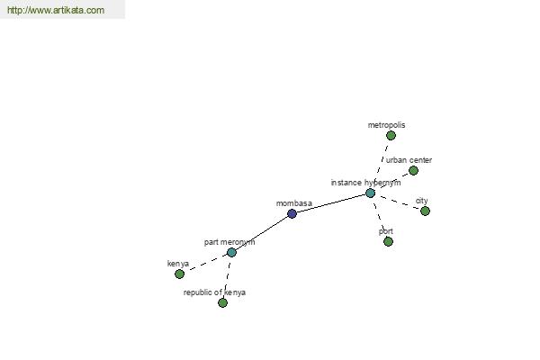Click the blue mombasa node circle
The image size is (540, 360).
(x=292, y=214)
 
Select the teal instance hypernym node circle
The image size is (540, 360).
(x=370, y=193)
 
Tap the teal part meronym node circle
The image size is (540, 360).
(x=231, y=253)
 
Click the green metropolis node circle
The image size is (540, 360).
(x=391, y=135)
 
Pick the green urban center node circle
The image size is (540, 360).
(x=413, y=170)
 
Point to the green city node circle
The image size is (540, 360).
(x=425, y=211)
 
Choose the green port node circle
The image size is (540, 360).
(x=388, y=241)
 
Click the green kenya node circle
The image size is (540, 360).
(x=179, y=274)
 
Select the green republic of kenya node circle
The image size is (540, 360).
(x=222, y=302)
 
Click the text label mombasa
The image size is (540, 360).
(x=294, y=203)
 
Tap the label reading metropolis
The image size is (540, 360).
(x=386, y=125)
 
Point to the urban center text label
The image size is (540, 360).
(x=409, y=160)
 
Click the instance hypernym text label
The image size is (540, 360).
(x=365, y=183)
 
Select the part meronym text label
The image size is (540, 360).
(x=229, y=242)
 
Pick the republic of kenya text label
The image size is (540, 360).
(x=214, y=292)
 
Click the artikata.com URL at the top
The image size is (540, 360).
(x=56, y=10)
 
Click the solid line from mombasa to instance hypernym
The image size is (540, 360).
(x=331, y=203)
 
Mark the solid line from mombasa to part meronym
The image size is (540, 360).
(x=262, y=233)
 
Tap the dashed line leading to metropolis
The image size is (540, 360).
(x=382, y=162)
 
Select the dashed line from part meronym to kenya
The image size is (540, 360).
(x=205, y=263)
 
